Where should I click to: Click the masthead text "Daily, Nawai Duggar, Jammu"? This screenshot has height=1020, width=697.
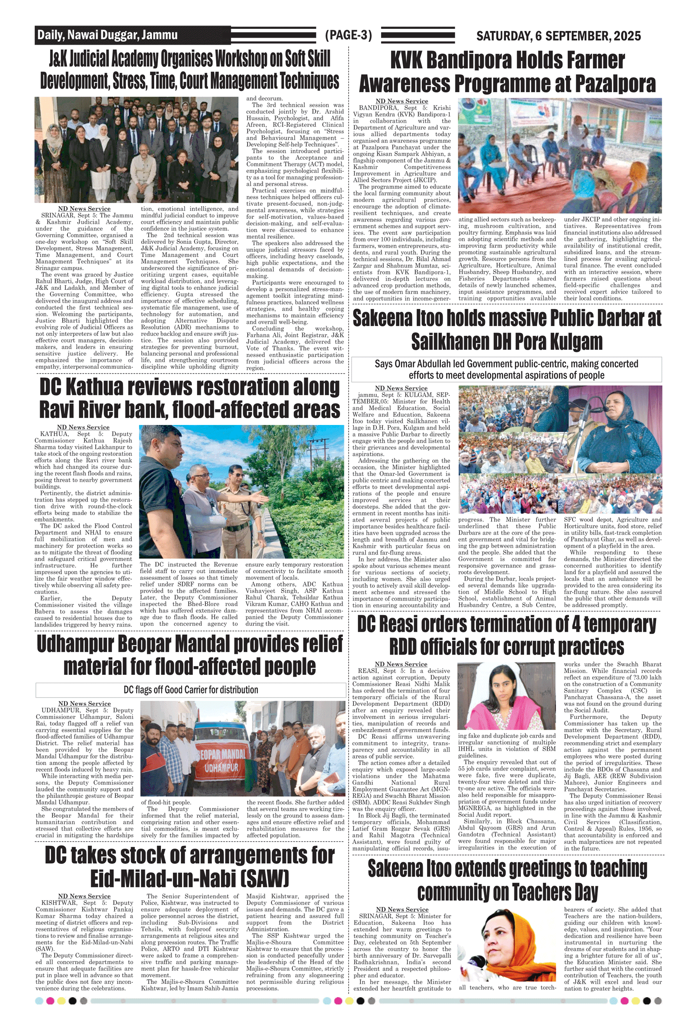pos(107,35)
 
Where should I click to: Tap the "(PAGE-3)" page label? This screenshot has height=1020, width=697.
pos(348,35)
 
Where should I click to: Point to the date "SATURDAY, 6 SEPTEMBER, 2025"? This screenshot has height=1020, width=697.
pos(558,36)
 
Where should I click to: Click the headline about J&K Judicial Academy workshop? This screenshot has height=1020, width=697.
pos(190,70)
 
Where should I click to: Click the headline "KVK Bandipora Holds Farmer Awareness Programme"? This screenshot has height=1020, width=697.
pos(507,72)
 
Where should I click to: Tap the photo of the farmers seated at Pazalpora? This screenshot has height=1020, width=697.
pos(559,156)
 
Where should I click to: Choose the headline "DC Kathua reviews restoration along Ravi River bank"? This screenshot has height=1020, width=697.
pos(190,399)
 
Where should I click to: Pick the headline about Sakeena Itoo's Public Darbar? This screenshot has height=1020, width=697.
pos(507,330)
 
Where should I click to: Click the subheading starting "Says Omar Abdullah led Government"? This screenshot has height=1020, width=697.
pos(506,369)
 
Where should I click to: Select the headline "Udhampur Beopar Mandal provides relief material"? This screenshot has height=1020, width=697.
pos(190,655)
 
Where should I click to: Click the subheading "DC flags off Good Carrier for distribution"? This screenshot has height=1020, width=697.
pos(191,690)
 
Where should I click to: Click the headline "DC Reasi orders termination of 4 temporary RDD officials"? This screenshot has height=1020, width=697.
pos(507,635)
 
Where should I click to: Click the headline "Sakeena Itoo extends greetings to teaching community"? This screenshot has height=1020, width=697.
pos(507,880)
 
